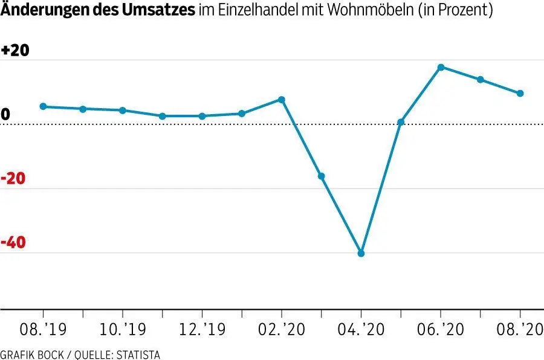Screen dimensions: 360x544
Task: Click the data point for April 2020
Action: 361,253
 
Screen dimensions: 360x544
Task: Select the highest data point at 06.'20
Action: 441,67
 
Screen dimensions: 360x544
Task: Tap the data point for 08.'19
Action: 43,106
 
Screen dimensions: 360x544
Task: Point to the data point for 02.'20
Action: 281,99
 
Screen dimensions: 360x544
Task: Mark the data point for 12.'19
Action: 202,116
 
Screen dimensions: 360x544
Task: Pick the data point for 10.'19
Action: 122,111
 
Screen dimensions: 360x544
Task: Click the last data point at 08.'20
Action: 520,93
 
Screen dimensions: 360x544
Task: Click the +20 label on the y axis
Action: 15,51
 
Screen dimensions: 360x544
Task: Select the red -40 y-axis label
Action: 15,243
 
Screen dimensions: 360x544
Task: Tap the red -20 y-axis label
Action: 15,179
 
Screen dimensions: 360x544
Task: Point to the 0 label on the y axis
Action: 5,115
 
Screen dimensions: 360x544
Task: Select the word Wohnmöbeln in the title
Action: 365,10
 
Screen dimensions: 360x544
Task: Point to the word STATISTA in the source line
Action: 139,355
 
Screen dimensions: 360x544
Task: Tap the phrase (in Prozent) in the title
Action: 459,10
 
